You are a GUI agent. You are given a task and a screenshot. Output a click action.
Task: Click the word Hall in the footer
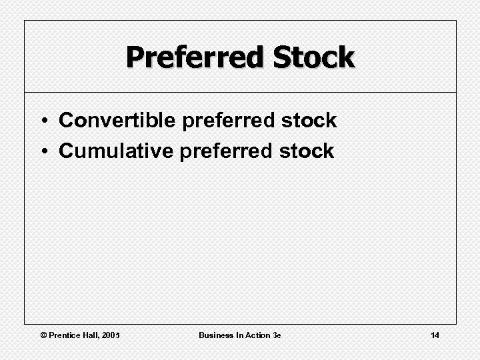pos(91,335)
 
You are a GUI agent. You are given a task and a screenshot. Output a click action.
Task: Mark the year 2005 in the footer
pos(111,335)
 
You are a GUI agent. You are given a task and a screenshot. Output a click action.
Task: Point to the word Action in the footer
pos(257,335)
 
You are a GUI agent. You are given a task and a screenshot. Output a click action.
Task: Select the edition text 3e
pos(277,335)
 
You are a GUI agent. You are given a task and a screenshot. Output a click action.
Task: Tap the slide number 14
pos(435,335)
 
